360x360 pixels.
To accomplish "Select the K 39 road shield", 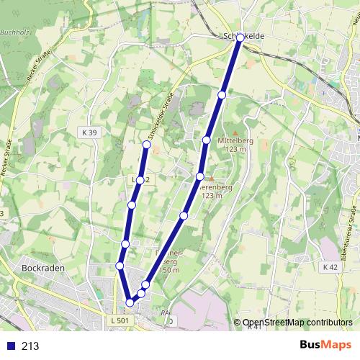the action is [89, 133].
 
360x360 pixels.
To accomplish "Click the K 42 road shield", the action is [330, 267].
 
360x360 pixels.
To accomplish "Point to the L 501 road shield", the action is [120, 320].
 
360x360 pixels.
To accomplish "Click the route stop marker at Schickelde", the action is [240, 37].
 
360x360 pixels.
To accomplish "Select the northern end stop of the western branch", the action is [147, 145].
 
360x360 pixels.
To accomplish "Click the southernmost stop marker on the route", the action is [130, 302].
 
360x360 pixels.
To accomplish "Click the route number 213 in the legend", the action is [30, 346].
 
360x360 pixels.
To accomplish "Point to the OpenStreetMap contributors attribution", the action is [297, 323].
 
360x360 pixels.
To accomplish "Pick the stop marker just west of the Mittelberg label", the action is [207, 140].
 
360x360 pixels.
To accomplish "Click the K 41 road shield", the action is [253, 327].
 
